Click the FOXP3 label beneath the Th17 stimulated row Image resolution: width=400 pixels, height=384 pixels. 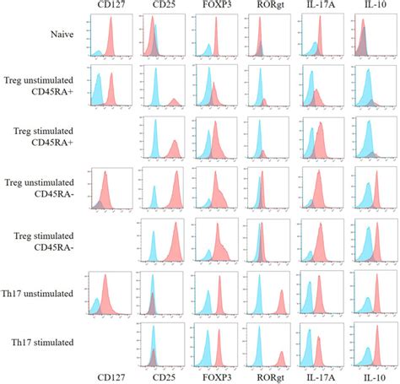[x=216, y=377]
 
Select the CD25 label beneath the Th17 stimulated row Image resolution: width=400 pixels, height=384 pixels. [x=165, y=377]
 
